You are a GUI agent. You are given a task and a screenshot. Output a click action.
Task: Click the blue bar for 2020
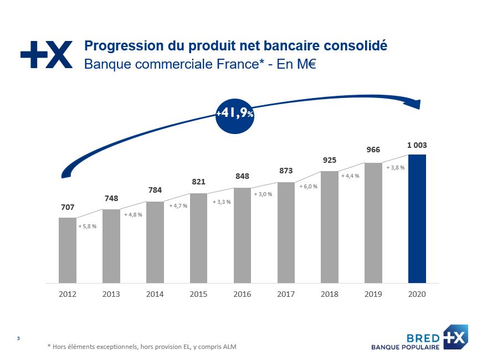pyautogui.click(x=417, y=218)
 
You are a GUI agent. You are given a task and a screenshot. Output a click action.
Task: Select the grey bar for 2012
pyautogui.click(x=68, y=250)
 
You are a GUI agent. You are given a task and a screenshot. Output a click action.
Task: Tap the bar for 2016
pyautogui.click(x=242, y=235)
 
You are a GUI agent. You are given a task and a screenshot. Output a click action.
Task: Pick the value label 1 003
pyautogui.click(x=417, y=145)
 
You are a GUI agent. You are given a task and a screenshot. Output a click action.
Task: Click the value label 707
pyautogui.click(x=68, y=208)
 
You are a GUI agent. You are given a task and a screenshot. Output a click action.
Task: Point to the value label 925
pyautogui.click(x=330, y=161)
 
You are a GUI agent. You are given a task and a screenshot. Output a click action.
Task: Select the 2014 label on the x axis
pyautogui.click(x=155, y=294)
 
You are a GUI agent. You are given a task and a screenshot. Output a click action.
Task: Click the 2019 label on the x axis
pyautogui.click(x=373, y=294)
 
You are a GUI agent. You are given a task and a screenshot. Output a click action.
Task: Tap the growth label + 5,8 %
pyautogui.click(x=88, y=227)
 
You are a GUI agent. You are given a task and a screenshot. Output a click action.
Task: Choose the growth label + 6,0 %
pyautogui.click(x=308, y=187)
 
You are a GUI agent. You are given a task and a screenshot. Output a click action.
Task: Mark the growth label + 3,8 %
pyautogui.click(x=395, y=167)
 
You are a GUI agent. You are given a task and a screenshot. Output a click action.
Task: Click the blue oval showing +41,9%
pyautogui.click(x=234, y=114)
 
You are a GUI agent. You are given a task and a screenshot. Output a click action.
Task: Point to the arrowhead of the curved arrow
pyautogui.click(x=416, y=105)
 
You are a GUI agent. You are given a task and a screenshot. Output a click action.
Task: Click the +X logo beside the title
pyautogui.click(x=47, y=55)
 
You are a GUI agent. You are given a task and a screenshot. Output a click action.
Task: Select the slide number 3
pyautogui.click(x=19, y=338)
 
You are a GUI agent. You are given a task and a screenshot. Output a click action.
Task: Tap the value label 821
pyautogui.click(x=198, y=182)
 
